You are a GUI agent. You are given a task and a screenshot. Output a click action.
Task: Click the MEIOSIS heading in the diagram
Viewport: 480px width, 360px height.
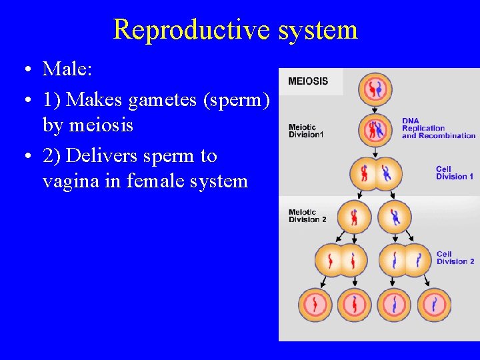tap(308, 81)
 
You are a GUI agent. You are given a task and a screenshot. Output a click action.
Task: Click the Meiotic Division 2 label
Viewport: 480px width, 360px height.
tap(307, 215)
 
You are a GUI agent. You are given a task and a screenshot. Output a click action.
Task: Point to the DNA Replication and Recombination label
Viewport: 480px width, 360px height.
tap(437, 128)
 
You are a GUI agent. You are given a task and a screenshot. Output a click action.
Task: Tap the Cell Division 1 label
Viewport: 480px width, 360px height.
tap(455, 173)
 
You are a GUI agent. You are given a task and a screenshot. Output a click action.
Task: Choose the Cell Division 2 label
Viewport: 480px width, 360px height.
tap(455, 258)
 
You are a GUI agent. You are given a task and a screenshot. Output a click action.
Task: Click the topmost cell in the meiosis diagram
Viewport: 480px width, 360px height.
tap(375, 89)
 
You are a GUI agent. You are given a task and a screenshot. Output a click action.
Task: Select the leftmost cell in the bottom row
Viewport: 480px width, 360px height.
tap(315, 305)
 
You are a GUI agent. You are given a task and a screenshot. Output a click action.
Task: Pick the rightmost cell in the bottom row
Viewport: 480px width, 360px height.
tap(434, 305)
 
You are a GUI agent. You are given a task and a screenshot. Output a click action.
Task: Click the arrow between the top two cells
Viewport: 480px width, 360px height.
tap(375, 108)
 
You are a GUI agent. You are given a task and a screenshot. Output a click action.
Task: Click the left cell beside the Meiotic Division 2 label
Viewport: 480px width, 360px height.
tap(353, 217)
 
